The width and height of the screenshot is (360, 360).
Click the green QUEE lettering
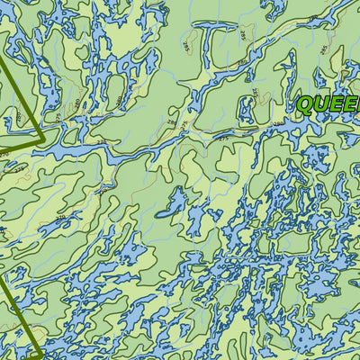329,105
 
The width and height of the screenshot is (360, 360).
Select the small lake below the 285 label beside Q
245,110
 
